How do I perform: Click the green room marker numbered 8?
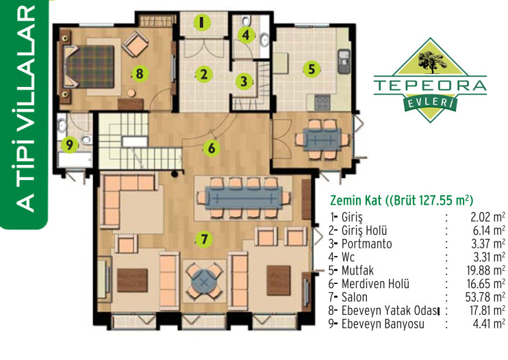tap(140, 74)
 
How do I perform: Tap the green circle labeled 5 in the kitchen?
tap(312, 69)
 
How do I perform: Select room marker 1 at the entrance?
tap(202, 23)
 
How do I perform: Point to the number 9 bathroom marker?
tap(70, 144)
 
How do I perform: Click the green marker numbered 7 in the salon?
tap(204, 240)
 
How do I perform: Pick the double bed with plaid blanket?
tap(89, 66)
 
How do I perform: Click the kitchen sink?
tap(343, 61)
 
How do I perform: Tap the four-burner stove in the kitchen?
tap(322, 102)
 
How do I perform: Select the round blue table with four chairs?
tap(204, 281)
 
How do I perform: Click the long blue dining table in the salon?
tap(243, 198)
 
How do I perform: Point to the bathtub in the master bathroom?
tap(75, 159)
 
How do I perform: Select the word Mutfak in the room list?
tap(357, 270)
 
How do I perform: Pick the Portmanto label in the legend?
tap(367, 244)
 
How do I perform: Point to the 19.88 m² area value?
tap(485, 270)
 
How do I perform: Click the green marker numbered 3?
tap(244, 81)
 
